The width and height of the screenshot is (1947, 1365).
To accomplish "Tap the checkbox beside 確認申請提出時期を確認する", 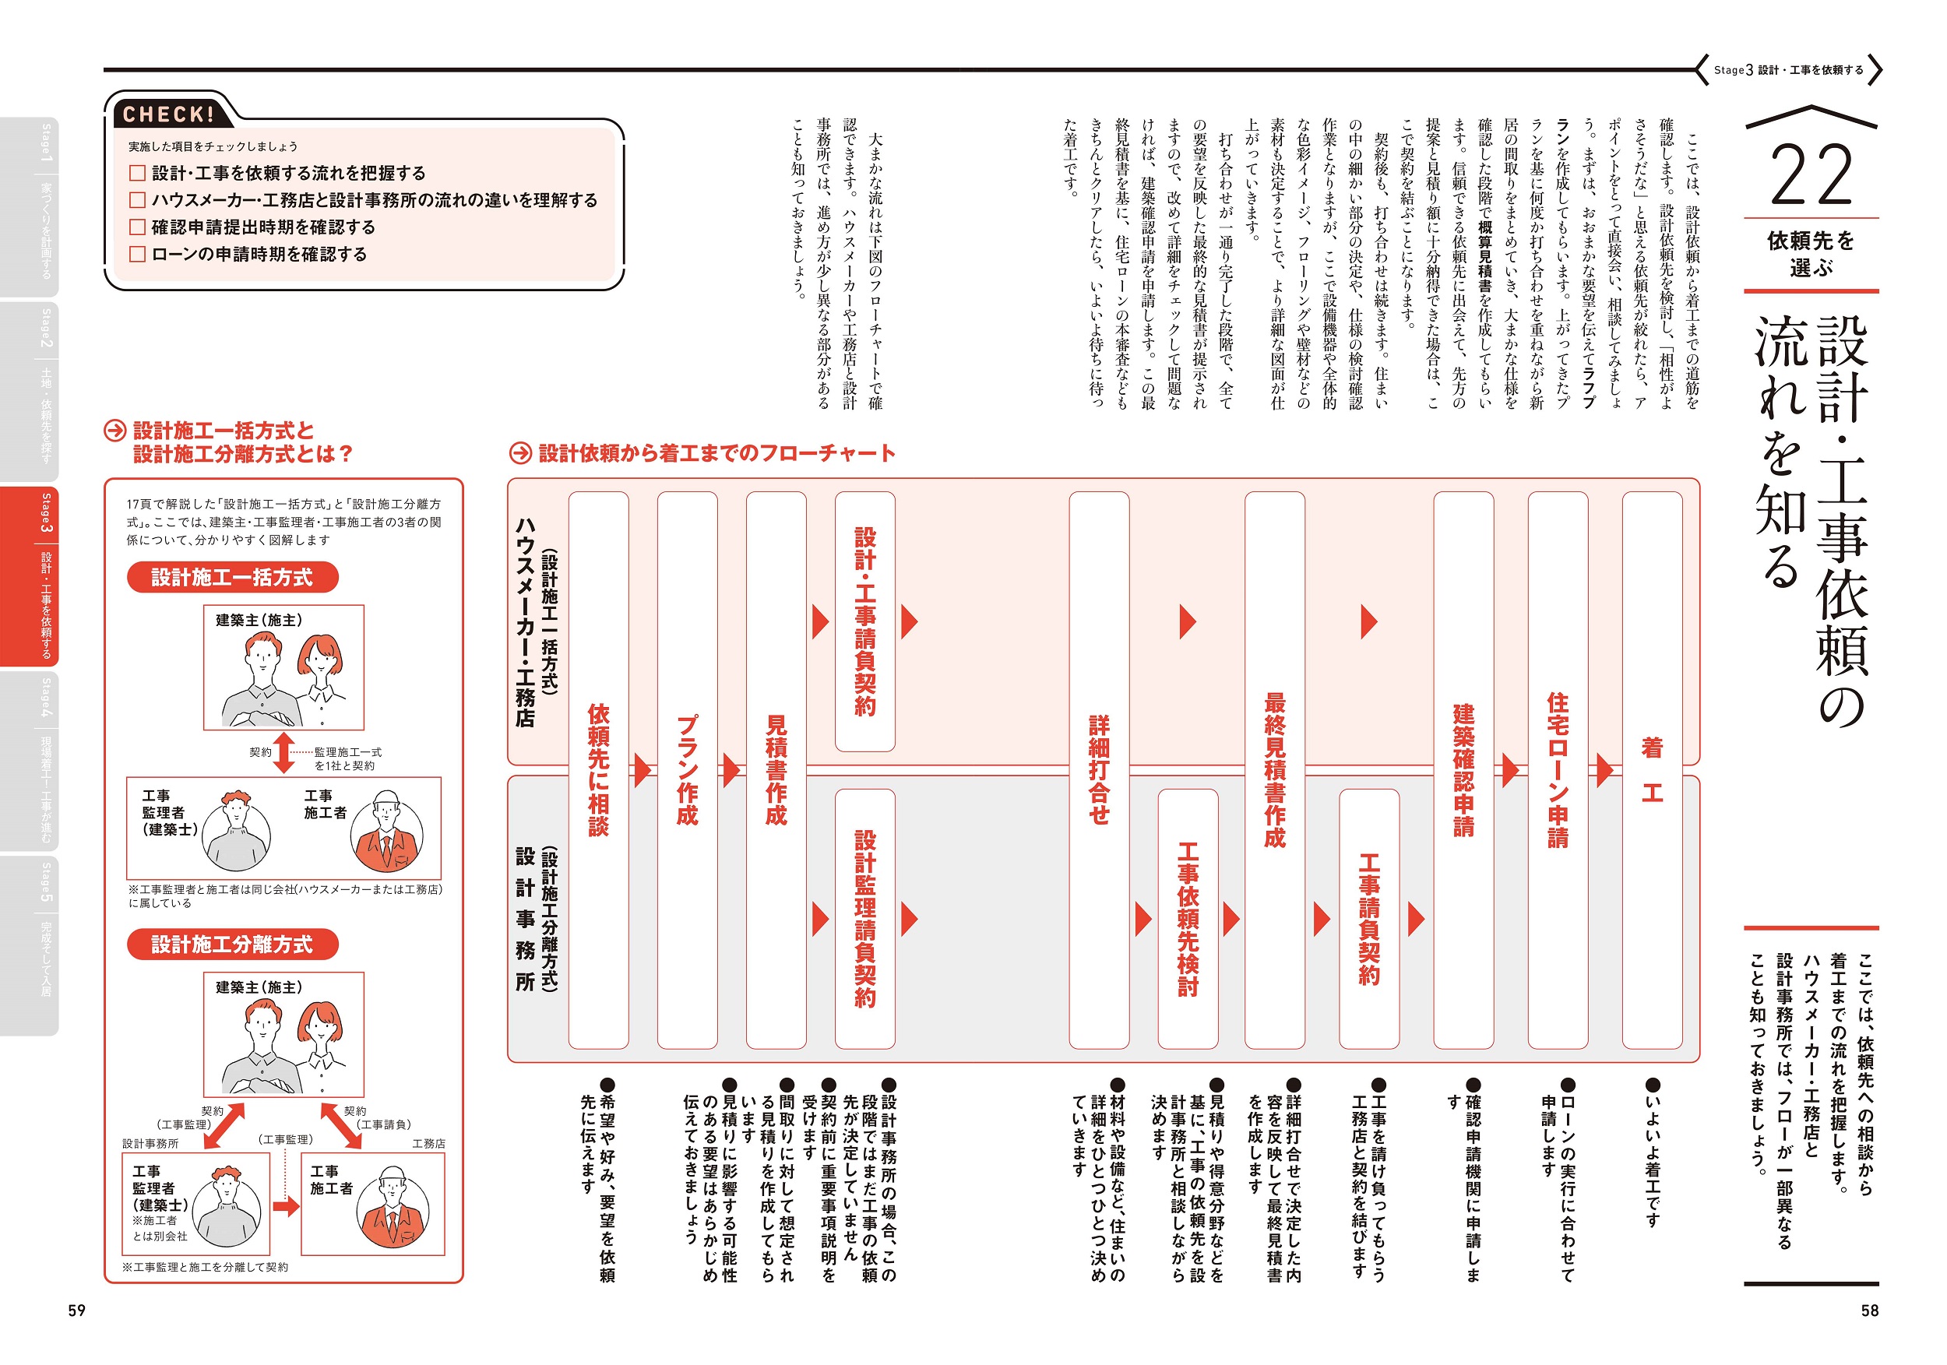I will click(x=137, y=227).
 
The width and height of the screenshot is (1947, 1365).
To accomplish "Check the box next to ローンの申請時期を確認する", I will click(x=137, y=255).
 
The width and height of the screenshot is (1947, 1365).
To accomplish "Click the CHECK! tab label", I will click(x=168, y=114).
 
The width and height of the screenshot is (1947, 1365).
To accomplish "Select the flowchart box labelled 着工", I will click(x=1652, y=770).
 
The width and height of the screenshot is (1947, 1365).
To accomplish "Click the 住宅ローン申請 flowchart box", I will click(x=1558, y=770).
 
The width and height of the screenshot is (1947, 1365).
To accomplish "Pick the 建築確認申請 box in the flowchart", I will click(x=1463, y=770).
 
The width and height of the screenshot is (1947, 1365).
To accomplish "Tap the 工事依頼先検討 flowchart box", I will click(x=1188, y=918).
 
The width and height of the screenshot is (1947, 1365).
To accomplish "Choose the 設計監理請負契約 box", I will click(x=865, y=918).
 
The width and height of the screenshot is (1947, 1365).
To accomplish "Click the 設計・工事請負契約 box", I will click(x=865, y=621).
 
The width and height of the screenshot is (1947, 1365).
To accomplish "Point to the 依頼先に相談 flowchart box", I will click(x=599, y=770).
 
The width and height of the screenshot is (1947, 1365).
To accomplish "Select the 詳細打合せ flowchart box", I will click(x=1099, y=770).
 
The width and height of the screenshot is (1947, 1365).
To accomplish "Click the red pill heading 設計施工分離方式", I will click(x=232, y=945).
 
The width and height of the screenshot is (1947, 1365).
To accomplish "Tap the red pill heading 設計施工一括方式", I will click(x=232, y=577).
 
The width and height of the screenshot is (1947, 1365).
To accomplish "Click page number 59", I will click(x=77, y=1310).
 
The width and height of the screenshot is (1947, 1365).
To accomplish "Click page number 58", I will click(x=1870, y=1310).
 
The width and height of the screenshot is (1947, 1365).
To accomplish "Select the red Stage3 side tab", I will click(x=30, y=576).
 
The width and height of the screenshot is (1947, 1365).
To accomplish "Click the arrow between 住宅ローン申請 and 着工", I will click(x=1604, y=770).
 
